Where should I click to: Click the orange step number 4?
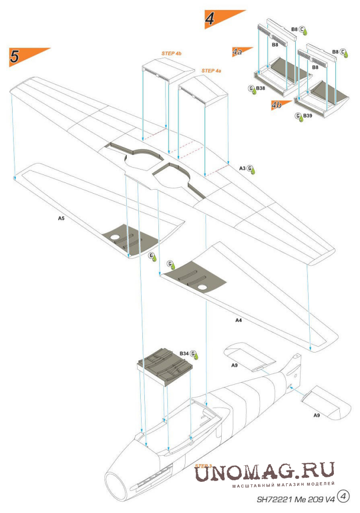pos(210,19)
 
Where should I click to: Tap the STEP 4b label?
pos(171,53)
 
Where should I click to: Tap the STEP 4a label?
pos(211,71)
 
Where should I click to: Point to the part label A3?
pos(242,168)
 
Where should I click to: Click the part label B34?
pos(184,354)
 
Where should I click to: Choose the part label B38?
pos(260,88)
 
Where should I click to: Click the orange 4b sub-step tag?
pos(277,105)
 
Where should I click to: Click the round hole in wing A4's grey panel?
pos(202,288)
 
